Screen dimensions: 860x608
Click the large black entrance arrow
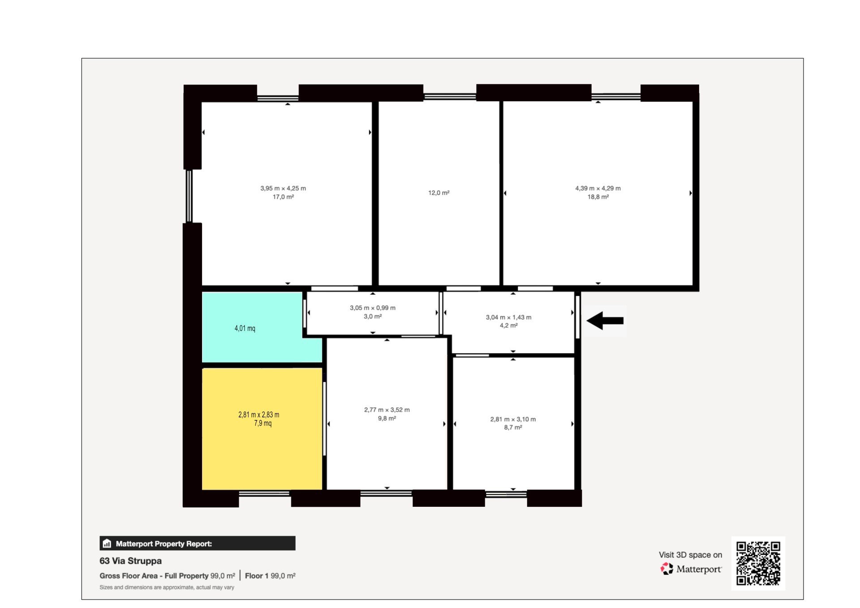click(605, 321)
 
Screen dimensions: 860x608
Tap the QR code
click(758, 563)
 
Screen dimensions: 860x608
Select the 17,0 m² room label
click(284, 197)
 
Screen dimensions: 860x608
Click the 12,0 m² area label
click(439, 193)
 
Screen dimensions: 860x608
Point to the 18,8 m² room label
click(598, 197)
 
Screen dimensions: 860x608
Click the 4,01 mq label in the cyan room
click(245, 328)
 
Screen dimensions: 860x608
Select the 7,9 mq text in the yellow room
click(263, 423)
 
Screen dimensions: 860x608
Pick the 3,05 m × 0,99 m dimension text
click(373, 308)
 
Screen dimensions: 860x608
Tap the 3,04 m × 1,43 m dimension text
click(509, 317)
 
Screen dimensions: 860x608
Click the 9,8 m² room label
click(387, 419)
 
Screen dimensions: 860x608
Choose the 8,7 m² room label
click(513, 428)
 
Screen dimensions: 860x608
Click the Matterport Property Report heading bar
click(198, 544)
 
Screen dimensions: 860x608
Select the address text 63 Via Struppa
click(131, 561)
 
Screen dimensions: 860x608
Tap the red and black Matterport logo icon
click(667, 569)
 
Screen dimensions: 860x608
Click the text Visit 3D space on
click(691, 555)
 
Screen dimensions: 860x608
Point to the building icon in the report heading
click(107, 544)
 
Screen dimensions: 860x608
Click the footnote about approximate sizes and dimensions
click(167, 587)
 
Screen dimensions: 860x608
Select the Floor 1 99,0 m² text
click(270, 576)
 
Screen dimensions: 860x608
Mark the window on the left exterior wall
click(189, 196)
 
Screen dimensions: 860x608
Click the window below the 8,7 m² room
click(506, 494)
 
